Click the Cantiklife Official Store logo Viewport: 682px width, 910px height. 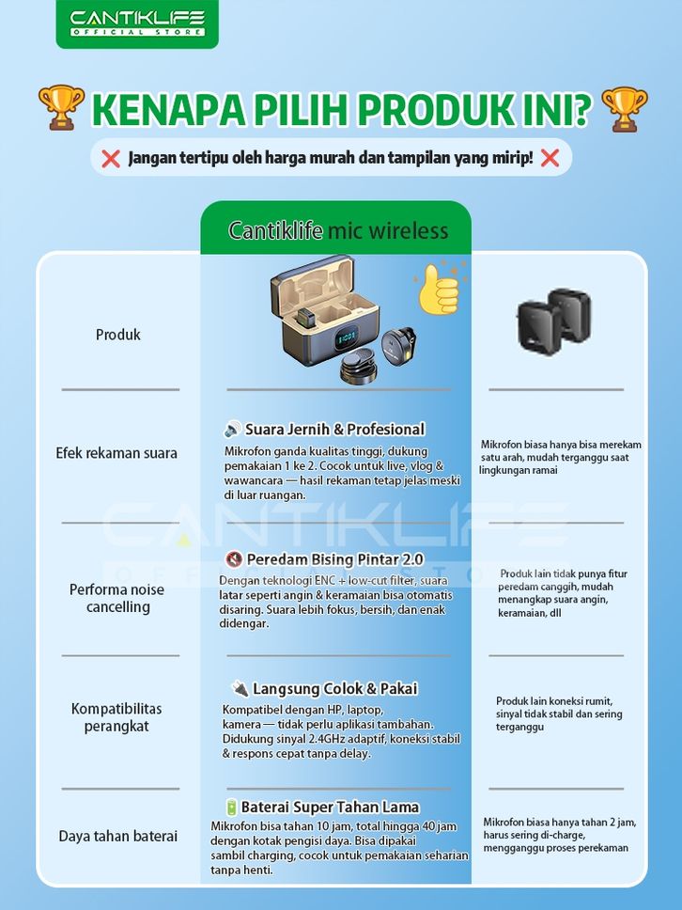(x=137, y=23)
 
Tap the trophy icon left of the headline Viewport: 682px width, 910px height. (x=61, y=108)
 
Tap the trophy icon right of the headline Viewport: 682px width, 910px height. (x=623, y=108)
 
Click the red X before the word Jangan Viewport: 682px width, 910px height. (x=111, y=158)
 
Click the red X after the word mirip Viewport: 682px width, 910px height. (x=550, y=158)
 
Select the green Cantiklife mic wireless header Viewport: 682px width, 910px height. (x=336, y=230)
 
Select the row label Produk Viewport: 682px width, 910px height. (x=118, y=335)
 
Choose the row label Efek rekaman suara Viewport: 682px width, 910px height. (x=116, y=453)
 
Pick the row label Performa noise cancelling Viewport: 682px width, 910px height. (x=116, y=598)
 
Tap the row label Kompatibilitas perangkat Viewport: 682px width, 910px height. (x=116, y=717)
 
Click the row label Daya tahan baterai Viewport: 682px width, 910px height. (x=118, y=836)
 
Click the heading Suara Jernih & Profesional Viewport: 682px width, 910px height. (x=334, y=430)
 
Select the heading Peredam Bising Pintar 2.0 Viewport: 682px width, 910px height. (x=334, y=559)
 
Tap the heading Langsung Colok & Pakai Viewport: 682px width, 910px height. (x=334, y=689)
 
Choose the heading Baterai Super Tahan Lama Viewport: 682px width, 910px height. (x=330, y=807)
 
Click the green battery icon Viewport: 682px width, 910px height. (x=231, y=807)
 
